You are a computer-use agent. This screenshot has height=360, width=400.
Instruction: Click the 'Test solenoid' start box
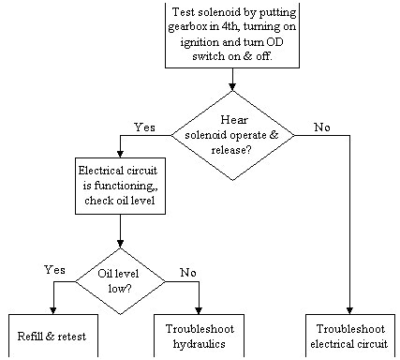pyautogui.click(x=230, y=35)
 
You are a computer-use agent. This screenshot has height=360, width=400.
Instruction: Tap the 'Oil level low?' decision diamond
pyautogui.click(x=120, y=280)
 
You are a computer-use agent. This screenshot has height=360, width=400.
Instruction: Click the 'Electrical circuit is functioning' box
pyautogui.click(x=120, y=186)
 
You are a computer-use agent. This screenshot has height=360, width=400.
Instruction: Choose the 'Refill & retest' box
pyautogui.click(x=53, y=336)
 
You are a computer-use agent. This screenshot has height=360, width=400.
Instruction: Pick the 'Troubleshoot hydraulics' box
pyautogui.click(x=200, y=336)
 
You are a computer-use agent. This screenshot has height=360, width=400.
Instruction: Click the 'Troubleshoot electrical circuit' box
pyautogui.click(x=350, y=336)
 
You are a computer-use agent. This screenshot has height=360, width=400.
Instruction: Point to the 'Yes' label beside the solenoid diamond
pyautogui.click(x=144, y=126)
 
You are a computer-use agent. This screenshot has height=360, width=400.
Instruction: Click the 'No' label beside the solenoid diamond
pyautogui.click(x=322, y=127)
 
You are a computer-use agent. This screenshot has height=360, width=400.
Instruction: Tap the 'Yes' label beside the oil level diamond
pyautogui.click(x=53, y=270)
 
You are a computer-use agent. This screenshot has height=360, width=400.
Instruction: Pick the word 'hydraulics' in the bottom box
pyautogui.click(x=200, y=342)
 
